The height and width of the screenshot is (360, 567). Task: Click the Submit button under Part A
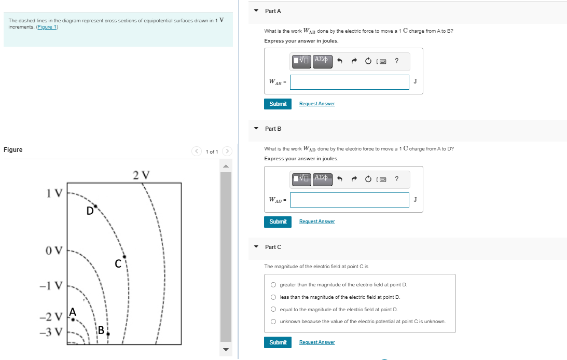(278, 104)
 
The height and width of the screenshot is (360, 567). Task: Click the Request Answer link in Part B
(317, 221)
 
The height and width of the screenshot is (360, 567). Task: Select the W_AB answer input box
(349, 82)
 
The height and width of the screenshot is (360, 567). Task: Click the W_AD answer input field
(349, 200)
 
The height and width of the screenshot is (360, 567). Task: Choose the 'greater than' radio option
(273, 285)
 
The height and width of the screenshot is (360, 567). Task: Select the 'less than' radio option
(273, 297)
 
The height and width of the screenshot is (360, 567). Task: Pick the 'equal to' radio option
(273, 310)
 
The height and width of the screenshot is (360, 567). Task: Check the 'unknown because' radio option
(273, 322)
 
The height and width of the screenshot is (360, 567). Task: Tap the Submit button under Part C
(278, 342)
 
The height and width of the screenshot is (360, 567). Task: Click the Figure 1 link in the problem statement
(47, 27)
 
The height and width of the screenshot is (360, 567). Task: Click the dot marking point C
(125, 257)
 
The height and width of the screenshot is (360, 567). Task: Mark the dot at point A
(73, 320)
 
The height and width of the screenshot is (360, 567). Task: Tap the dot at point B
(108, 335)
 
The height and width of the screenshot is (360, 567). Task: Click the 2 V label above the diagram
(141, 174)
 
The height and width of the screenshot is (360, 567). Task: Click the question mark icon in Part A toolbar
(396, 61)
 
